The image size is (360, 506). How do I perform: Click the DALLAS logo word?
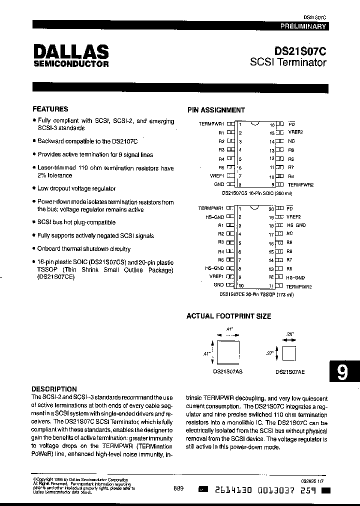[x=70, y=51]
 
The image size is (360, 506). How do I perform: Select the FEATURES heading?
[x=50, y=109]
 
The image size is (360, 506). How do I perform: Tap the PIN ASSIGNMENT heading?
[x=216, y=110]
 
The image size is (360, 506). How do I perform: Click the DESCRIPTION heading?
[x=54, y=389]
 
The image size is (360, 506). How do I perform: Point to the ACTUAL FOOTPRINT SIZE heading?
[x=228, y=316]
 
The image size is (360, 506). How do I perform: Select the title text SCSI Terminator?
[x=288, y=63]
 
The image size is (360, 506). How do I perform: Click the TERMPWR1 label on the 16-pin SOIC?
[x=211, y=123]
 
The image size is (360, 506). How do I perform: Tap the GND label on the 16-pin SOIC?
[x=219, y=184]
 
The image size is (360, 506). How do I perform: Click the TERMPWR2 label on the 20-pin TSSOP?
[x=299, y=287]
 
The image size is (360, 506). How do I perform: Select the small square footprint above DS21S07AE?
[x=289, y=353]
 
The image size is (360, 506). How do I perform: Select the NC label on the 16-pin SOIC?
[x=291, y=141]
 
